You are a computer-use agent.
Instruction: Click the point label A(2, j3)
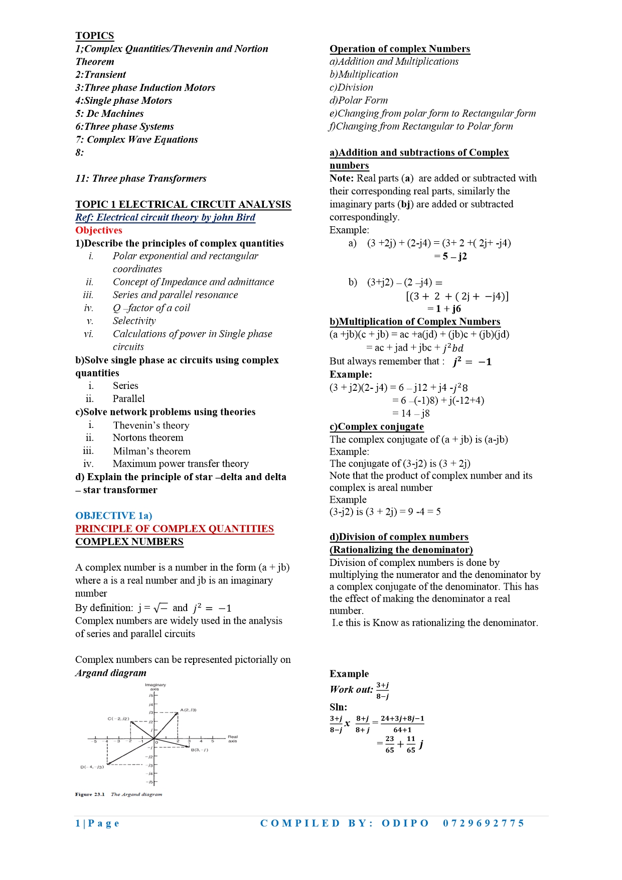pyautogui.click(x=188, y=710)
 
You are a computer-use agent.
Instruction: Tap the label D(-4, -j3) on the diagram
pyautogui.click(x=92, y=767)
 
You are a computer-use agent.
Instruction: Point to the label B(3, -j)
pyautogui.click(x=199, y=750)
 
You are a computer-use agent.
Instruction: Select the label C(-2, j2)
pyautogui.click(x=118, y=718)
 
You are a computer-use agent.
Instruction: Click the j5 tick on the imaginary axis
pyautogui.click(x=150, y=695)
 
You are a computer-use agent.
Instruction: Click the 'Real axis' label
pyautogui.click(x=233, y=739)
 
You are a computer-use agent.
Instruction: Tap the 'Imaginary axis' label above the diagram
pyautogui.click(x=155, y=686)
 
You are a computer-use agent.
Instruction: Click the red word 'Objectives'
pyautogui.click(x=99, y=230)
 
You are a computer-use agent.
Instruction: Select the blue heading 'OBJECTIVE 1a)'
pyautogui.click(x=113, y=516)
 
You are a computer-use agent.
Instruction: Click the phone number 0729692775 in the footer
pyautogui.click(x=484, y=823)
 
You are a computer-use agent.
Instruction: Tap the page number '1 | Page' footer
pyautogui.click(x=97, y=823)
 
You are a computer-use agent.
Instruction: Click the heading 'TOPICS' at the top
pyautogui.click(x=95, y=36)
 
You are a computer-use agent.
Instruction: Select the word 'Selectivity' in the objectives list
pyautogui.click(x=134, y=321)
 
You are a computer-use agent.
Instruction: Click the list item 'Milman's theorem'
pyautogui.click(x=151, y=451)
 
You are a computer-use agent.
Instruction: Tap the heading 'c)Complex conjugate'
pyautogui.click(x=376, y=426)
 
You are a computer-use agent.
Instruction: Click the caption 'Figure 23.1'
pyautogui.click(x=90, y=794)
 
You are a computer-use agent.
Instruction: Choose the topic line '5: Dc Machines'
pyautogui.click(x=109, y=113)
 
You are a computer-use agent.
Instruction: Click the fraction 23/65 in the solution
pyautogui.click(x=390, y=745)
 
